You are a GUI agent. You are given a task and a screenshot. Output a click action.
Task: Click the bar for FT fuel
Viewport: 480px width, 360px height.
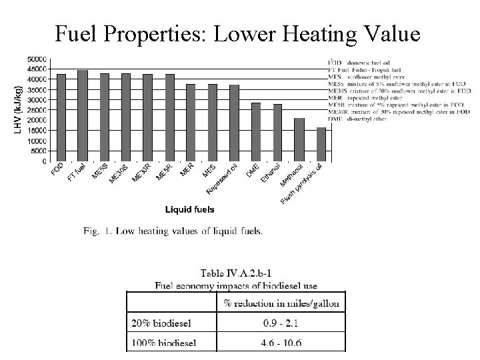coord(83,115)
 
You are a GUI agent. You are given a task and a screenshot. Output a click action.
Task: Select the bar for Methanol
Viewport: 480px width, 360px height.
coord(299,139)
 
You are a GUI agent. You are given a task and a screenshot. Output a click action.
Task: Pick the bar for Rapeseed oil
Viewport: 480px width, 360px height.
coord(234,123)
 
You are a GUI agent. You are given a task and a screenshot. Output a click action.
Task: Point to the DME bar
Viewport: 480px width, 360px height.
coord(256,132)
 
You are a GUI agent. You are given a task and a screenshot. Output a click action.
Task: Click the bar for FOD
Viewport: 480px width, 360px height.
coord(61,117)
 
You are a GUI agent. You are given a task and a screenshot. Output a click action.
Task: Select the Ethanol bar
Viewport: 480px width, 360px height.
coord(277,133)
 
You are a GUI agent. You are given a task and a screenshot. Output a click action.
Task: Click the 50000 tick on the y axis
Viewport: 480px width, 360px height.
coord(37,59)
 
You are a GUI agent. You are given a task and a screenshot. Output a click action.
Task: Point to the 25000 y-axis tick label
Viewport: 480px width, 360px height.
coord(37,110)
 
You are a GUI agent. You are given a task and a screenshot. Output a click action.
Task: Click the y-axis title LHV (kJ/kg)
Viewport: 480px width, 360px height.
coord(18,109)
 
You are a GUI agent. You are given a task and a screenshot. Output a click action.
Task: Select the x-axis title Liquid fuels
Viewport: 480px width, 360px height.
coord(190,209)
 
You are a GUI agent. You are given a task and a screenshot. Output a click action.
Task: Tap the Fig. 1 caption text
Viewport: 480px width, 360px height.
coord(173,231)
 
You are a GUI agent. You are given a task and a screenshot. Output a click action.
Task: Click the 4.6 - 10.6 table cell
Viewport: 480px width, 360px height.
coord(281,343)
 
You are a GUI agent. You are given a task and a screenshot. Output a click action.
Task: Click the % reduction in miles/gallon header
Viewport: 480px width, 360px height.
coord(281,303)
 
